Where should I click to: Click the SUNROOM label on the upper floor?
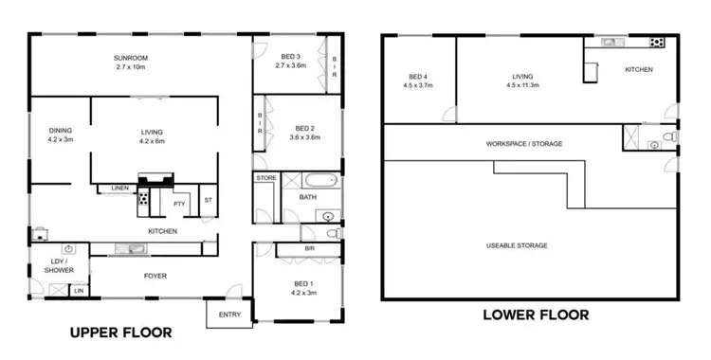[x=131, y=58]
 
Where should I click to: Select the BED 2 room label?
[x=303, y=129]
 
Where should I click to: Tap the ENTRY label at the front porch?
[x=229, y=315]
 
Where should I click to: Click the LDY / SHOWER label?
[x=50, y=266]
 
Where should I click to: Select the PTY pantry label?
[x=178, y=204]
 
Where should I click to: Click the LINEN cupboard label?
[x=118, y=188]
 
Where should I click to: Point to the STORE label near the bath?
[x=265, y=177]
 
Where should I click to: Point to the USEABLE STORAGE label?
[x=517, y=245]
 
